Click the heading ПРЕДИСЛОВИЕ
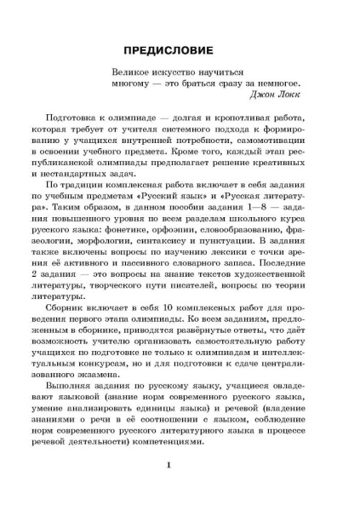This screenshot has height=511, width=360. [180, 49]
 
